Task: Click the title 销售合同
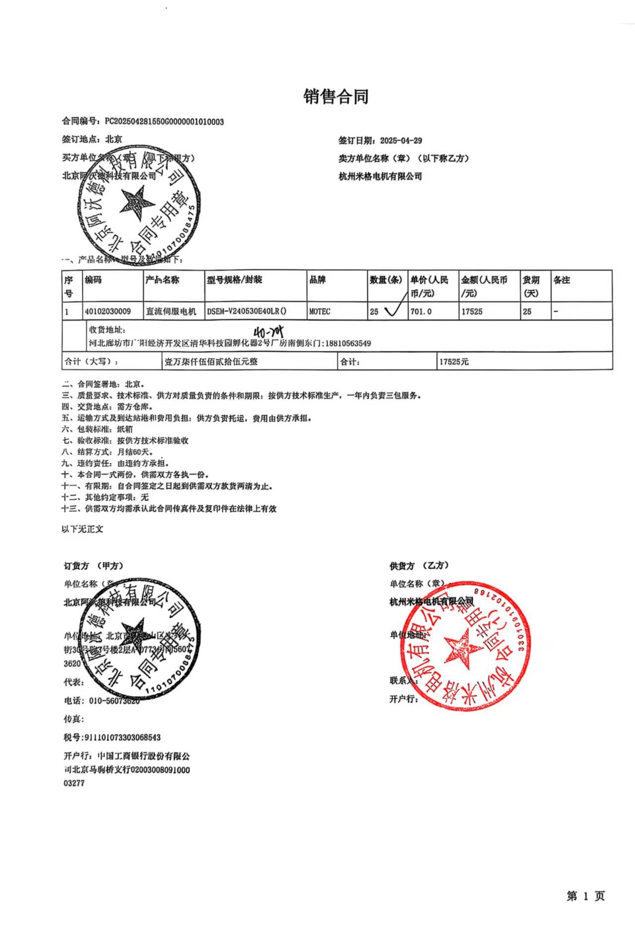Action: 336,96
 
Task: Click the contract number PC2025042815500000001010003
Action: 164,122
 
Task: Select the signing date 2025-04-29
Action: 401,140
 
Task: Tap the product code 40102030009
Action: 108,312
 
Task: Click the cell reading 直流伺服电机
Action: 171,312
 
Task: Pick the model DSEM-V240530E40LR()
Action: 247,312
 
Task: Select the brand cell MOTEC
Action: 320,312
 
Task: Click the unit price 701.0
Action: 421,312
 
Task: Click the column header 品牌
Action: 317,280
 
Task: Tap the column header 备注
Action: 562,280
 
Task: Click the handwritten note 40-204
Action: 269,332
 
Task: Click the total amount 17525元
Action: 454,362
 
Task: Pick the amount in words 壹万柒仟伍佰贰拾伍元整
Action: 212,362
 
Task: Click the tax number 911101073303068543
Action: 123,737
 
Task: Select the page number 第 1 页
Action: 586,896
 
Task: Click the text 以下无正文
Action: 82,529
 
